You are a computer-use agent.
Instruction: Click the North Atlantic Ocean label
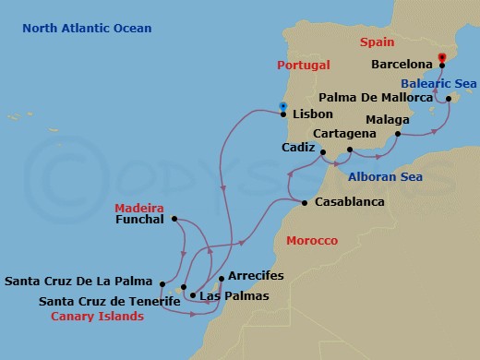(x=88, y=29)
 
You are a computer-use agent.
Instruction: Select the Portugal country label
(x=302, y=65)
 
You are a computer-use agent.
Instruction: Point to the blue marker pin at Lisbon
(x=282, y=106)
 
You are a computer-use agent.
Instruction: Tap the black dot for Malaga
(x=397, y=136)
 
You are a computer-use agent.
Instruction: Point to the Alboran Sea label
(x=385, y=176)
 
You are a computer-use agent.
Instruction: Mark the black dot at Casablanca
(x=305, y=202)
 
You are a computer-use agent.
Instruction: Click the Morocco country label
(x=312, y=240)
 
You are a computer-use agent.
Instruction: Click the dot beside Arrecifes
(x=221, y=278)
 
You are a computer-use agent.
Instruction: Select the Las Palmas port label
(x=234, y=296)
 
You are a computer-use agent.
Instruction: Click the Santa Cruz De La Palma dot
(x=162, y=284)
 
